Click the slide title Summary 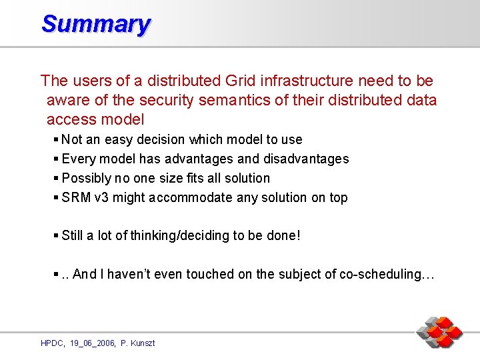(x=95, y=24)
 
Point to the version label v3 (x=101, y=197)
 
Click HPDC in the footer (x=52, y=343)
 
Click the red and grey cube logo (x=439, y=331)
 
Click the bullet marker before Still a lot (x=56, y=235)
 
